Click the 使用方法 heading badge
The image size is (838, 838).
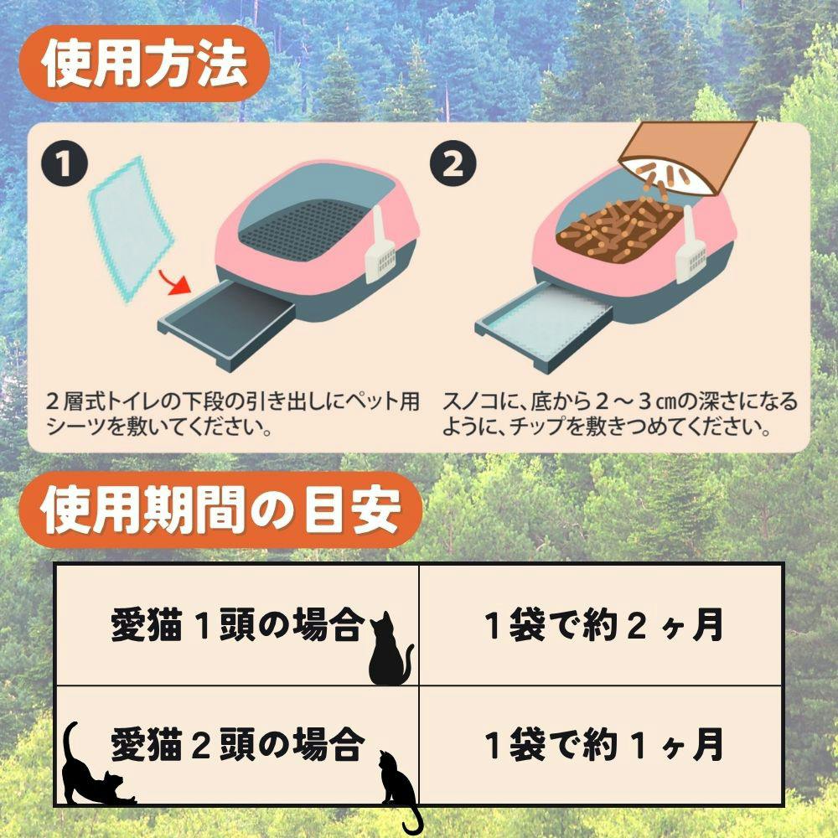point(143,64)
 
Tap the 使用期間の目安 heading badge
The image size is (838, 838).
point(220,510)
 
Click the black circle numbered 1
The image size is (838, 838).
point(65,164)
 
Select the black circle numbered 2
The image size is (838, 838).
point(453,164)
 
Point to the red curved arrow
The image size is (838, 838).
point(175,283)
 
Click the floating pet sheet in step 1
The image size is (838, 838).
point(131,230)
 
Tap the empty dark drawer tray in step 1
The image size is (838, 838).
point(227,325)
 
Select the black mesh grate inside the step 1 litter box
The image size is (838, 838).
point(303,229)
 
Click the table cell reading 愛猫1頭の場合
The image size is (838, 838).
point(237,625)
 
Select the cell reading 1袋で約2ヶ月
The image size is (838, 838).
point(602,625)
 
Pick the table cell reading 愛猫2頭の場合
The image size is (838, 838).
point(237,746)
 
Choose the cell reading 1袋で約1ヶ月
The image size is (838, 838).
point(602,746)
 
